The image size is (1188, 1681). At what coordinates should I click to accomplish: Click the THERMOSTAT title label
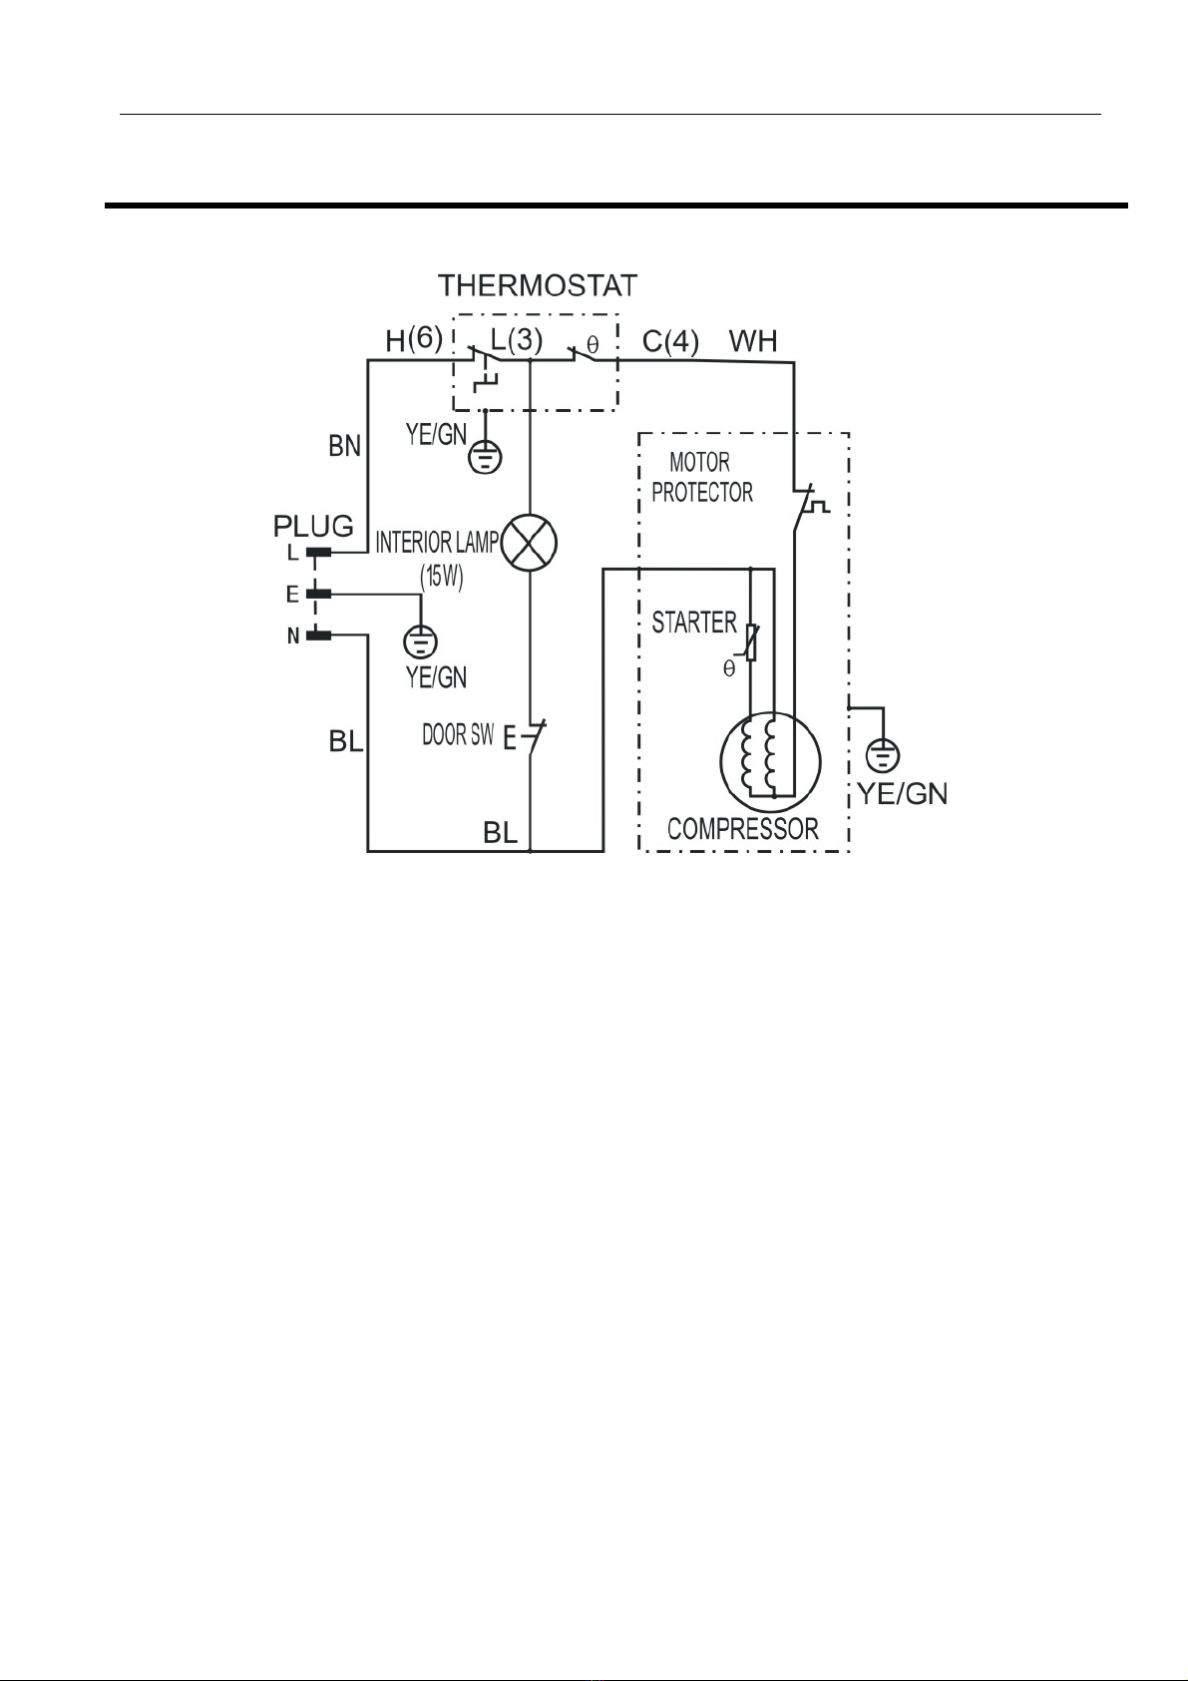click(x=538, y=286)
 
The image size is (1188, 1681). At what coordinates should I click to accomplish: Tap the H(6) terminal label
click(x=414, y=340)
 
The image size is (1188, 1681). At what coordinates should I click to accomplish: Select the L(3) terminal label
click(x=516, y=340)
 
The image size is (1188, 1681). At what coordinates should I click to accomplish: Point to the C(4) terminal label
click(x=670, y=342)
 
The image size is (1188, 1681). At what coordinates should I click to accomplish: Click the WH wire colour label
click(x=753, y=341)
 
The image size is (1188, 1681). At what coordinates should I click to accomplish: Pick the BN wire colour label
click(x=345, y=447)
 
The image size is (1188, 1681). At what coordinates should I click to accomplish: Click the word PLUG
click(x=313, y=526)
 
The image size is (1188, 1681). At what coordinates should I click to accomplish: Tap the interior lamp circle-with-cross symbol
click(x=530, y=543)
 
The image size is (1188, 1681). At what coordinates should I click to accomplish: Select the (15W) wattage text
click(x=441, y=577)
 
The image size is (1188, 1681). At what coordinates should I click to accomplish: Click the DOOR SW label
click(x=458, y=734)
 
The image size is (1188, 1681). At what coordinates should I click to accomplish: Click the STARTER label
click(x=694, y=623)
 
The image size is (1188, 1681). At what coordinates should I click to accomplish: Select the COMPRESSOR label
click(x=742, y=829)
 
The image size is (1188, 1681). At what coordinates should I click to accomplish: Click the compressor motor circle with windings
click(x=771, y=762)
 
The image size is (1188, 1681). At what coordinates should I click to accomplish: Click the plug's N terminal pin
click(x=319, y=636)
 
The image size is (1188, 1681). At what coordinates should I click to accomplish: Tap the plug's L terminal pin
click(x=319, y=554)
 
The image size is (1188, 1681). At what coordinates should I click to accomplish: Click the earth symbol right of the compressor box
click(x=884, y=755)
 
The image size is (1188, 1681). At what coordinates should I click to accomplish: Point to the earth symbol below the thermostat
click(x=485, y=457)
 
